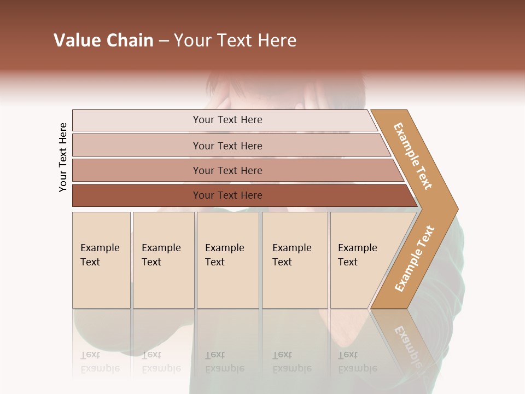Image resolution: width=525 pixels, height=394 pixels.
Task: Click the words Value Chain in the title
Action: pyautogui.click(x=103, y=40)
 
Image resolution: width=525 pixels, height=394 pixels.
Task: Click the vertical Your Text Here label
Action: pyautogui.click(x=63, y=157)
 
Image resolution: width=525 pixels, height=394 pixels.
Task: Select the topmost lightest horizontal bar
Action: pyautogui.click(x=137, y=120)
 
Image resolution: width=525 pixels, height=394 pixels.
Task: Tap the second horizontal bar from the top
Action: pyautogui.click(x=137, y=146)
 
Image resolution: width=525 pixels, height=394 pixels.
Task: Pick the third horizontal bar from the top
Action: pyautogui.click(x=137, y=170)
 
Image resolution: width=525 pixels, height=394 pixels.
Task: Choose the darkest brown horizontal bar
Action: pyautogui.click(x=137, y=195)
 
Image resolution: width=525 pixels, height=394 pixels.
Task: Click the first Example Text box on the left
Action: pyautogui.click(x=101, y=260)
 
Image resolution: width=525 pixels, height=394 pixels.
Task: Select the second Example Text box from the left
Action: pyautogui.click(x=164, y=260)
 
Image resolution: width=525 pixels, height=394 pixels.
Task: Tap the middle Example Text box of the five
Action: pyautogui.click(x=227, y=260)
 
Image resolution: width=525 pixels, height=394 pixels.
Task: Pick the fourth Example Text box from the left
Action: pyautogui.click(x=295, y=260)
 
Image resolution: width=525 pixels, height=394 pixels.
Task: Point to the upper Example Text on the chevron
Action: pyautogui.click(x=413, y=156)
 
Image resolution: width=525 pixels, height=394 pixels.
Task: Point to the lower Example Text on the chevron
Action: pyautogui.click(x=415, y=259)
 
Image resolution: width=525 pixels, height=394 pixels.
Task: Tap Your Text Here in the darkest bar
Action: pyautogui.click(x=227, y=195)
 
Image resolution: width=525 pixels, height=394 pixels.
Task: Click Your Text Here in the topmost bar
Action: pyautogui.click(x=227, y=120)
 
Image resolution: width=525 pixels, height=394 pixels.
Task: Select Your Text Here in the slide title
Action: pyautogui.click(x=235, y=40)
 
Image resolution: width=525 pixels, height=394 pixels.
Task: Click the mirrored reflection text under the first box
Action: pyautogui.click(x=100, y=362)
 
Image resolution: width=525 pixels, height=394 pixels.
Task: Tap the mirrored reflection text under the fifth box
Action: pyautogui.click(x=357, y=362)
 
